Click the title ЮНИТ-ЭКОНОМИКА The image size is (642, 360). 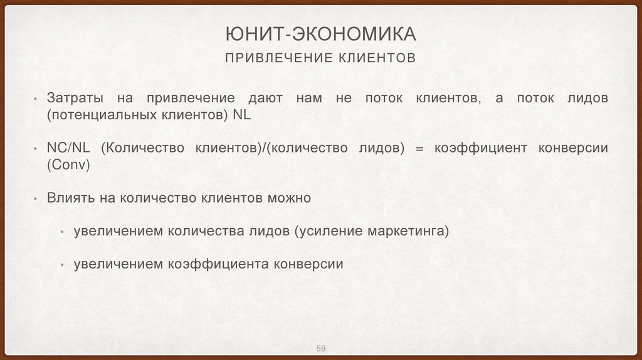coord(320,34)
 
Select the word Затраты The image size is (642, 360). coord(73,99)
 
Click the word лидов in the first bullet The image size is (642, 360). coord(586,99)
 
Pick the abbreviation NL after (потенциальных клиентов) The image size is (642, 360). coord(241,116)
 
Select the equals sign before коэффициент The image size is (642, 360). coord(419,148)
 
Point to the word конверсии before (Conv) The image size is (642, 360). coord(573,148)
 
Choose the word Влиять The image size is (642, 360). coord(70,198)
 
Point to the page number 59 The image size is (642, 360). coord(320,349)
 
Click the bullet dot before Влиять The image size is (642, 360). coord(35,199)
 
